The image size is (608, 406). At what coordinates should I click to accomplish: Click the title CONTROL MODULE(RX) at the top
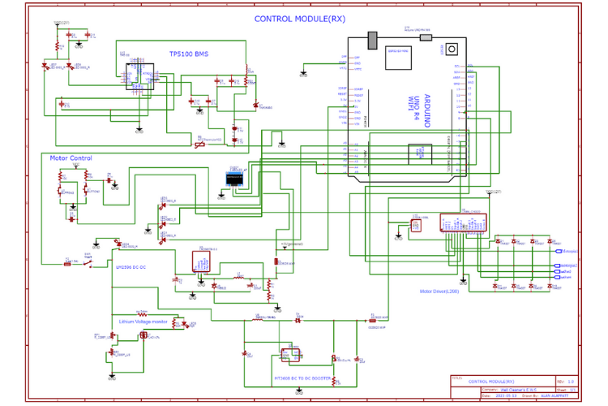pyautogui.click(x=299, y=19)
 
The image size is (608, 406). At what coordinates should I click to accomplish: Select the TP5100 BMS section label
pyautogui.click(x=188, y=54)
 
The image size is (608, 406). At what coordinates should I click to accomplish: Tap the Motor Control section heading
pyautogui.click(x=71, y=158)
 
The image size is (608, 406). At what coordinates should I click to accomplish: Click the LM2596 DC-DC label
pyautogui.click(x=130, y=266)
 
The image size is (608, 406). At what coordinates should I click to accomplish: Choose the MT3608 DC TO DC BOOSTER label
pyautogui.click(x=302, y=378)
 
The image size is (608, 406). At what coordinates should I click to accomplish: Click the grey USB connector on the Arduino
pyautogui.click(x=373, y=40)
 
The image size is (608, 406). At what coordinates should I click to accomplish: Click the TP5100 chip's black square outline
pyautogui.click(x=143, y=74)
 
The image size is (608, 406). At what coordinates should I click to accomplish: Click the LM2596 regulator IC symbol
pyautogui.click(x=201, y=261)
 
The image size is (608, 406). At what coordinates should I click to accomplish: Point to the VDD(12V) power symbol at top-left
pyautogui.click(x=60, y=24)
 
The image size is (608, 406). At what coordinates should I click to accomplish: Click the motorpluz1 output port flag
pyautogui.click(x=569, y=252)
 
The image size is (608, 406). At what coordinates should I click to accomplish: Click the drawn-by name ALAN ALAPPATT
pyautogui.click(x=556, y=395)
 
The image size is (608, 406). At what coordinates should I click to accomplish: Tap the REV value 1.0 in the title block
pyautogui.click(x=570, y=380)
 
